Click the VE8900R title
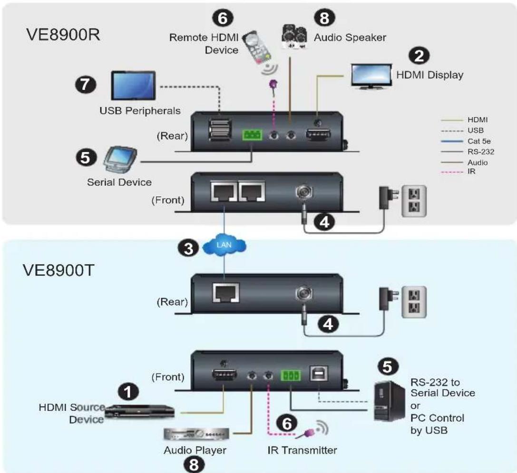63,34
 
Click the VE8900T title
59,270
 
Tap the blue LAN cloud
224,245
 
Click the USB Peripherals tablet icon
133,86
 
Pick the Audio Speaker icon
294,36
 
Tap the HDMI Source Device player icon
139,412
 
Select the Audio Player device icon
196,434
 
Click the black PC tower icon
389,401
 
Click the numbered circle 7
86,84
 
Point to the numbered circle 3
188,248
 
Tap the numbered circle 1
128,392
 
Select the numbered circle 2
419,55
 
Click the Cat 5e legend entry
466,141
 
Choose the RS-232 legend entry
468,152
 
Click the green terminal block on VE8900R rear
252,135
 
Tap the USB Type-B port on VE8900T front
319,374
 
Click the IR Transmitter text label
302,450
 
